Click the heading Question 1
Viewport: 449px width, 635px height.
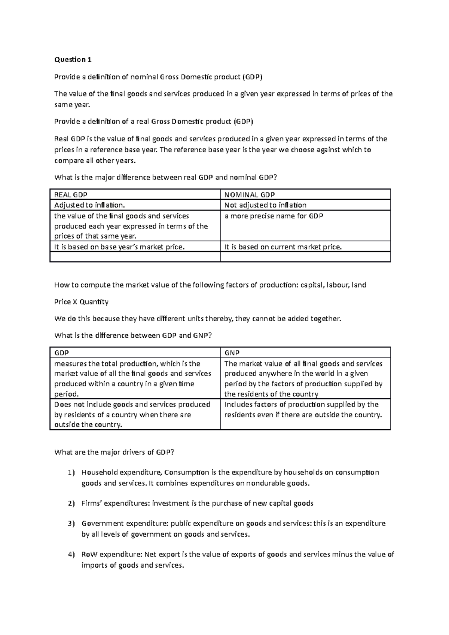point(73,59)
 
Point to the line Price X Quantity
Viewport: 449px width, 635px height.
point(81,302)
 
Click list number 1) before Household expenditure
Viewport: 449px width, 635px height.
point(71,473)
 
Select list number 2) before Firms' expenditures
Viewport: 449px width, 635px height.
point(71,503)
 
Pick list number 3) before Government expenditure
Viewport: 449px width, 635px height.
point(71,524)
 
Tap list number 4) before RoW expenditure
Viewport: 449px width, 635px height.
point(71,555)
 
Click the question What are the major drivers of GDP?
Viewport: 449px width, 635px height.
point(114,452)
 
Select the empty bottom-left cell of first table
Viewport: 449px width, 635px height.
point(135,257)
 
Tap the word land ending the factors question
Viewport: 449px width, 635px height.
point(359,285)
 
